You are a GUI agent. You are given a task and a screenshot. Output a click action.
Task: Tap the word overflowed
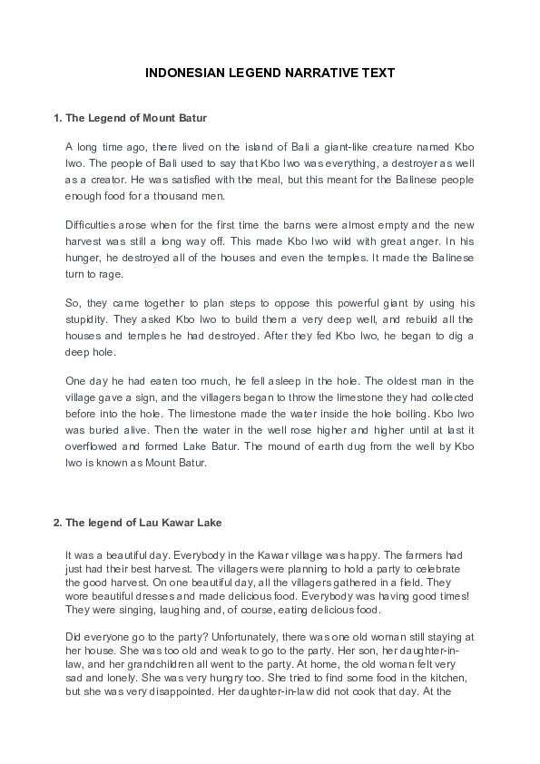(x=96, y=446)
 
